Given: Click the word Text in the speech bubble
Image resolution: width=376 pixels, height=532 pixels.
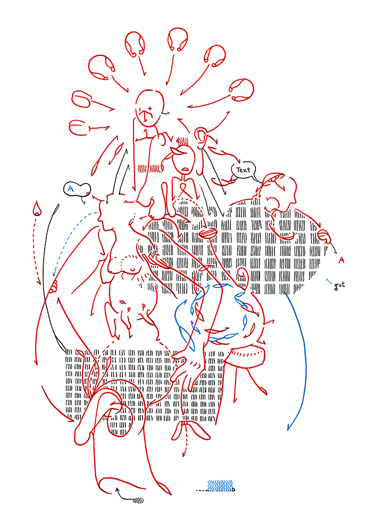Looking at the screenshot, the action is (x=243, y=170).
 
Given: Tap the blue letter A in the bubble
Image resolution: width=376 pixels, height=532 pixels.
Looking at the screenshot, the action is (x=71, y=188).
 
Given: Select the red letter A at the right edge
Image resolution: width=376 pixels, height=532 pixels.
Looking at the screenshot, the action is (x=341, y=260).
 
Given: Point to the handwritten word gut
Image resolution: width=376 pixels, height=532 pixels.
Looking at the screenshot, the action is (x=339, y=285).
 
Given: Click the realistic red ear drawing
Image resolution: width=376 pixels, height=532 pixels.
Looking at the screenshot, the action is (x=202, y=138).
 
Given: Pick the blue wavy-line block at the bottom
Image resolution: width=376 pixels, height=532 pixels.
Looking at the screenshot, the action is (x=220, y=486).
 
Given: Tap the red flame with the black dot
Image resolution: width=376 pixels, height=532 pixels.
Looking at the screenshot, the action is (x=37, y=209).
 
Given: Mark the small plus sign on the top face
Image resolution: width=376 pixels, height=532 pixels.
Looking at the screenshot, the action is (x=150, y=108).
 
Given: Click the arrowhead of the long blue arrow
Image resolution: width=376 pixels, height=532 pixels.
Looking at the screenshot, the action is (x=289, y=426).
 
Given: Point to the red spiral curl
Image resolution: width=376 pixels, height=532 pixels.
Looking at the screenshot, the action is (x=243, y=272).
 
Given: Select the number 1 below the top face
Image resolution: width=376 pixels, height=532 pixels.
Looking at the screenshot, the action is (x=146, y=134).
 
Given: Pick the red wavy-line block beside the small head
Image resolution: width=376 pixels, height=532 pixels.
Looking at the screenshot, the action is (x=150, y=168).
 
